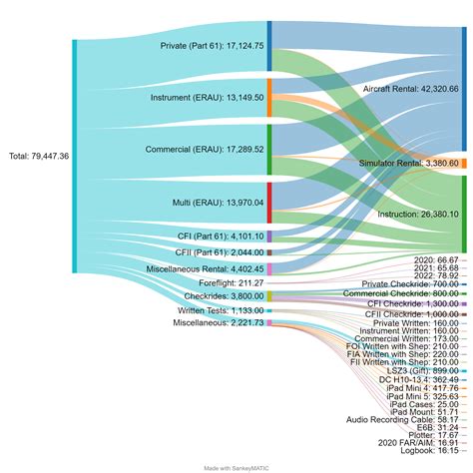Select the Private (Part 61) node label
tap(212, 46)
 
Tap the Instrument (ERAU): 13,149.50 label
tap(207, 98)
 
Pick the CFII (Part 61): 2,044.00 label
tap(220, 252)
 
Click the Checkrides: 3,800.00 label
tap(219, 296)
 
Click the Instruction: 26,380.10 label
tap(418, 214)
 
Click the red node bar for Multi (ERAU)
tap(269, 203)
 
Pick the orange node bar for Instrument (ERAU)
tap(269, 98)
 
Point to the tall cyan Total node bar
tap(74, 157)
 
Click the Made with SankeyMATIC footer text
tap(236, 467)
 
